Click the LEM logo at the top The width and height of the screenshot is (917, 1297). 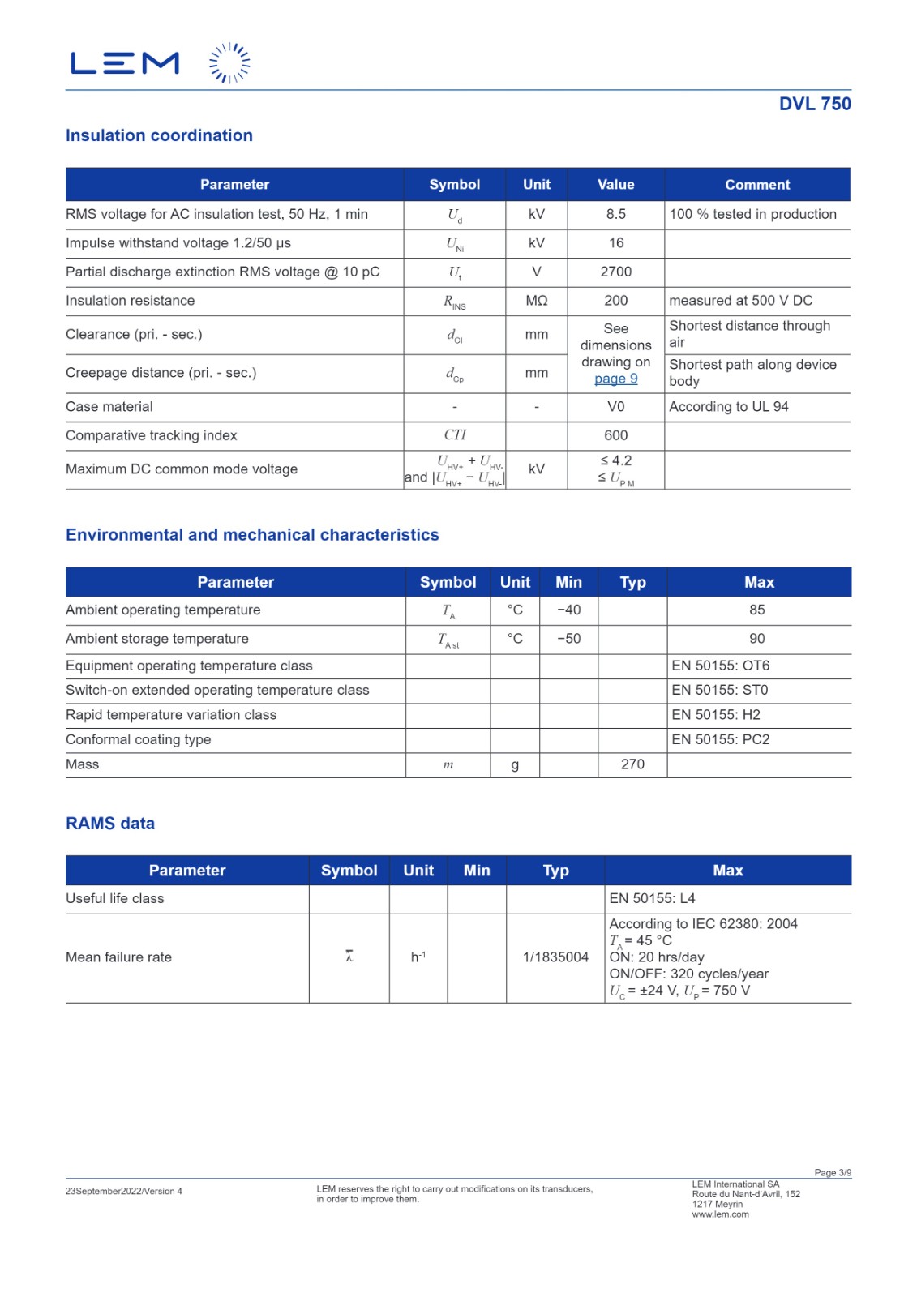point(160,63)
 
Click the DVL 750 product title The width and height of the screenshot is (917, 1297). point(814,104)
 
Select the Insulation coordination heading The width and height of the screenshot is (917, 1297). point(159,135)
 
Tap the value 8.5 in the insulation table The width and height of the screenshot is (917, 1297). point(615,214)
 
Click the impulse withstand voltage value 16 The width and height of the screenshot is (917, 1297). point(615,243)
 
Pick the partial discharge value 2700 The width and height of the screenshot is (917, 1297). point(615,272)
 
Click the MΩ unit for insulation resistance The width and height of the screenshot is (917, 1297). point(536,301)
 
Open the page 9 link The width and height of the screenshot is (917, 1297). point(615,379)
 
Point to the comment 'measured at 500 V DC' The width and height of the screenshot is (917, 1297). point(740,301)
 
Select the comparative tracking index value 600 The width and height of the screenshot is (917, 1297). point(615,435)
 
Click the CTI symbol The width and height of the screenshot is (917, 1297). point(454,435)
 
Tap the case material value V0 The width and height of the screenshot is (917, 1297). point(615,407)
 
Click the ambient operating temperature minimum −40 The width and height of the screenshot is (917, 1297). point(568,610)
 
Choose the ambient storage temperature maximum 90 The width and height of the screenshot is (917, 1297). point(756,639)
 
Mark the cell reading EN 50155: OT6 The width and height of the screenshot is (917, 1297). point(720,666)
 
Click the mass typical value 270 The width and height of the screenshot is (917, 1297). point(632,764)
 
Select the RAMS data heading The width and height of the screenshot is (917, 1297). point(110,824)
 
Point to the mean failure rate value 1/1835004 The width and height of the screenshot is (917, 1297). point(555,957)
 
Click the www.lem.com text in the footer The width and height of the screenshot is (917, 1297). point(720,1214)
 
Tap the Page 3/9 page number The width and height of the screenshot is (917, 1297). point(833,1172)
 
